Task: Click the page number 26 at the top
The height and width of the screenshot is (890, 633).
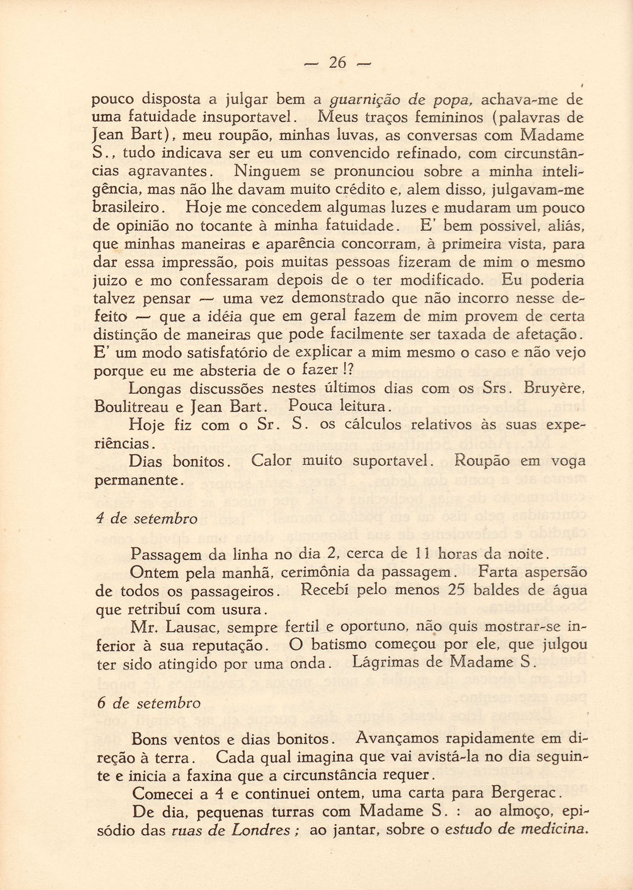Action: point(337,62)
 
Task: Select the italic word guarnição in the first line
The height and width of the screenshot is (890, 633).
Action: point(365,101)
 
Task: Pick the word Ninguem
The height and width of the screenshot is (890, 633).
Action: point(267,171)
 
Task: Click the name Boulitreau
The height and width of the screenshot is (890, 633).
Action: point(132,407)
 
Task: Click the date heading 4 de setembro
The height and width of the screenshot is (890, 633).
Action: point(147,518)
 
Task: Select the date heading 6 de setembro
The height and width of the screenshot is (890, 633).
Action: point(148,703)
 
